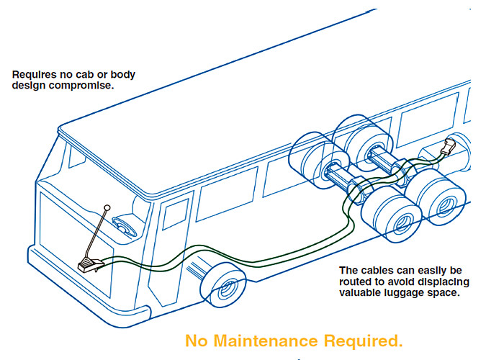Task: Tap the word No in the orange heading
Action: click(197, 340)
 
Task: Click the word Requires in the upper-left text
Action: click(32, 73)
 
